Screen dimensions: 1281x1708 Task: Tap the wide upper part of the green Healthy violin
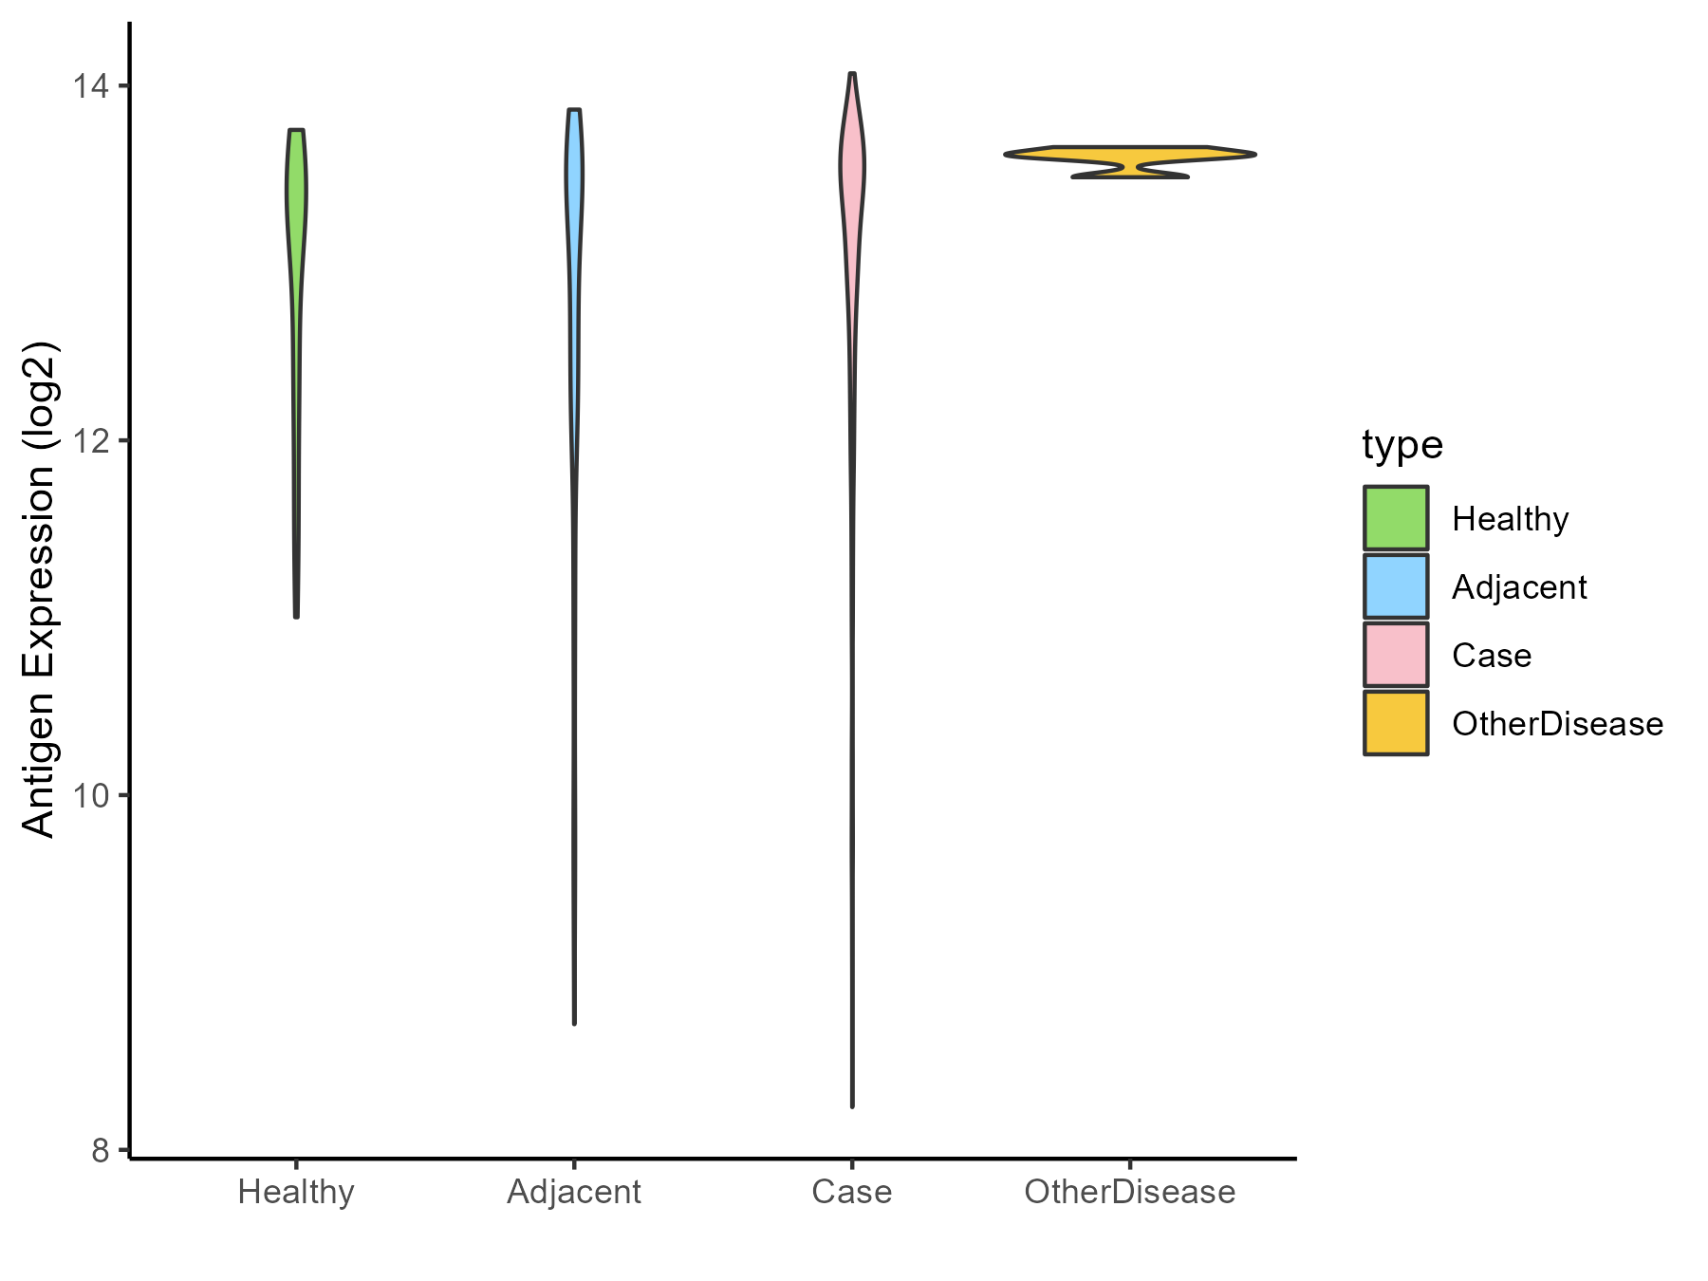coord(296,190)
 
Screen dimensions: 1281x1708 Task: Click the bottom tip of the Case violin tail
coord(852,1105)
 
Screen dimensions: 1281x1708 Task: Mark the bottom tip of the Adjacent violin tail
coord(574,1022)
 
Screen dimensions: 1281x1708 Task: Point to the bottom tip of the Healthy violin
coord(297,615)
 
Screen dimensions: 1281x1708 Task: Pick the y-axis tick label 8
coord(100,1150)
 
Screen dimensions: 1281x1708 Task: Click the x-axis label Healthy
coord(296,1192)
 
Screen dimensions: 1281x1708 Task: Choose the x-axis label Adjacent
coord(574,1192)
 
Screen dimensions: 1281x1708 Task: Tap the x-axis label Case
coord(852,1192)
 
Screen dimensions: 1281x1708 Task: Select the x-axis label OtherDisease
coord(1129,1192)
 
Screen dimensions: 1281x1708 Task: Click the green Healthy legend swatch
coord(1396,518)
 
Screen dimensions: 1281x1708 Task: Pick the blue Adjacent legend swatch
coord(1396,586)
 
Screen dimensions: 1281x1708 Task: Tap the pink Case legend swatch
coord(1396,655)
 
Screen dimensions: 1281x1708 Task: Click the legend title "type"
coord(1402,445)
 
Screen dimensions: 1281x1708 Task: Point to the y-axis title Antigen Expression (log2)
coord(39,588)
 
